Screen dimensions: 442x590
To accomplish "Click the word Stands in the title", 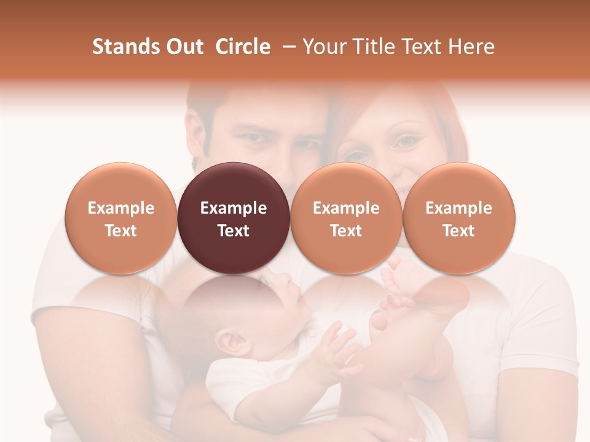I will (126, 47).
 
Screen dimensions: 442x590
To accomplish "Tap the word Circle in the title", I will (243, 47).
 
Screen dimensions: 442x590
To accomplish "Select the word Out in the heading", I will (184, 47).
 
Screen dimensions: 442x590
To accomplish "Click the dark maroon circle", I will (234, 218).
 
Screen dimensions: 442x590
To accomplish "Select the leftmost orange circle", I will (120, 218).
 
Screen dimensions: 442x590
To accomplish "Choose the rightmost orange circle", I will (458, 218).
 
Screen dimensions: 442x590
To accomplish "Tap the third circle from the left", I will (346, 218).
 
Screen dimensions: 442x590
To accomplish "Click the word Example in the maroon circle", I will (234, 208).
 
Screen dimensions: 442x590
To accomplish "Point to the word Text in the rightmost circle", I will (458, 231).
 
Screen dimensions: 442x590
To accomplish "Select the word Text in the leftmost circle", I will (120, 231).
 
